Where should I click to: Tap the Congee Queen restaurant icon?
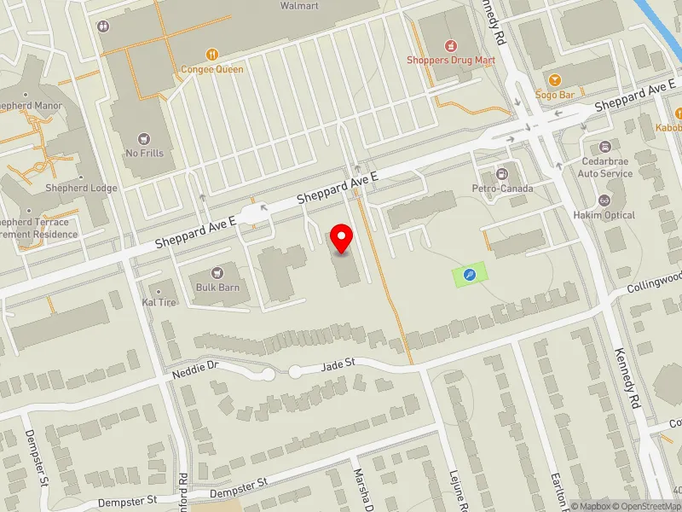coord(211,54)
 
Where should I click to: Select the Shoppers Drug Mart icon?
coord(452,45)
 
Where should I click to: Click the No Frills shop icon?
coord(144,138)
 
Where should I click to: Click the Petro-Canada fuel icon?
coord(503,173)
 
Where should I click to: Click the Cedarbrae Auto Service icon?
coord(605,147)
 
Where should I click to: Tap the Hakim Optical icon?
coord(605,201)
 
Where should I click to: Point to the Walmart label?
coord(299,6)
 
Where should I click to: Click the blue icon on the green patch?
coord(469,275)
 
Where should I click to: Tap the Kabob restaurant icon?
coord(679,113)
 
